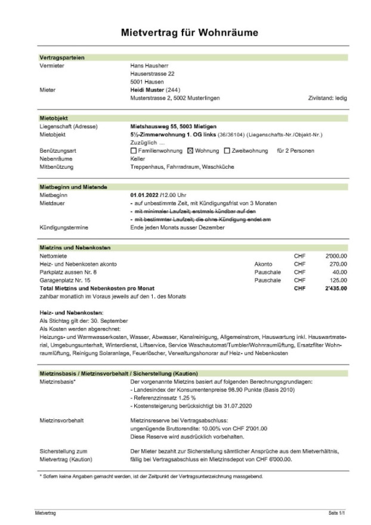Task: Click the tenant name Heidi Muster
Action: [147, 89]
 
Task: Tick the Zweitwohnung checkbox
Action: [227, 151]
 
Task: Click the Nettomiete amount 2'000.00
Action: [336, 255]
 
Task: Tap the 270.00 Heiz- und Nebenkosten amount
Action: [338, 264]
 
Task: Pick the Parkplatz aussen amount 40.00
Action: [339, 271]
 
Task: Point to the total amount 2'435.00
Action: [336, 288]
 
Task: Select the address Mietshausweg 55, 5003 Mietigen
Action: [173, 126]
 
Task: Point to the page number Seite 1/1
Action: [337, 513]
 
